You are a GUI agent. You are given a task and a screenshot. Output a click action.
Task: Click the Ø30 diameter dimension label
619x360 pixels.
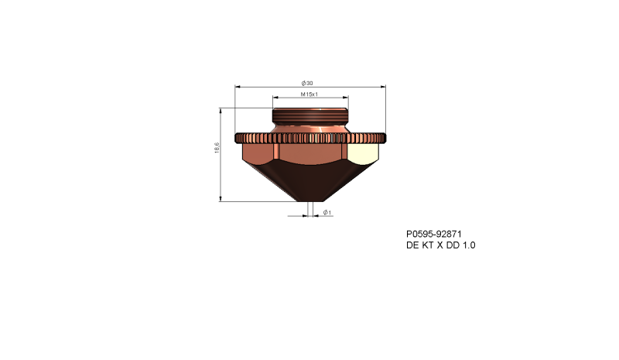[309, 83]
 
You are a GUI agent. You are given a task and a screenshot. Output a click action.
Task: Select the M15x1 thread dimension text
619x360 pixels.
[309, 94]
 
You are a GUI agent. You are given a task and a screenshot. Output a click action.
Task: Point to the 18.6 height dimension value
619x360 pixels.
[217, 147]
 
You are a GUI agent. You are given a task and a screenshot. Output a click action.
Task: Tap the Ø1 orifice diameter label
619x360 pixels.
[327, 212]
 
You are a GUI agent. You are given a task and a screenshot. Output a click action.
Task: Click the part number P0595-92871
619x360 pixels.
[434, 234]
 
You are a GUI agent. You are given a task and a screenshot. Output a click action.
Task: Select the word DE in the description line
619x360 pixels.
[412, 245]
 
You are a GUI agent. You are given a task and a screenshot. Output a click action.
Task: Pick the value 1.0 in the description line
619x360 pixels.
[468, 245]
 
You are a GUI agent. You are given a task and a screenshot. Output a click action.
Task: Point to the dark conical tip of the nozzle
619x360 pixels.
[309, 182]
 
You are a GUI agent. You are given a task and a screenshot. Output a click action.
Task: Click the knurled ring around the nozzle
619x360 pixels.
[309, 138]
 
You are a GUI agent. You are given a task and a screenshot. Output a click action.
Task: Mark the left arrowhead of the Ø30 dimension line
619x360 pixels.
[236, 87]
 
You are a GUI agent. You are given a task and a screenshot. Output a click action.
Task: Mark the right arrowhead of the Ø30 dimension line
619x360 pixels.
[384, 87]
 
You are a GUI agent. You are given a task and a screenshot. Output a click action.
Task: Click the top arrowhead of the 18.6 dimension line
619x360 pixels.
[222, 110]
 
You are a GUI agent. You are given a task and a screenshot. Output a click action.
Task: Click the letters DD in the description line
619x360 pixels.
[452, 245]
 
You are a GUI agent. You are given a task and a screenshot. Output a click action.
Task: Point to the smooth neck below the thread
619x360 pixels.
[309, 129]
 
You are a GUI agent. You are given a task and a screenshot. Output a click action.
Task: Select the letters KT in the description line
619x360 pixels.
[426, 245]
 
